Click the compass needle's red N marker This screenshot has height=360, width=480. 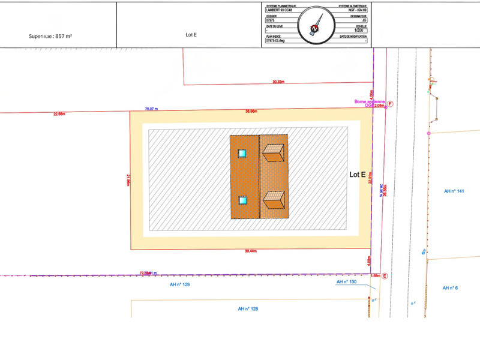click(x=314, y=28)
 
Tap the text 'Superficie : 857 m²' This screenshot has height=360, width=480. click(x=51, y=36)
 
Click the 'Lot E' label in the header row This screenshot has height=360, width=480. click(x=191, y=35)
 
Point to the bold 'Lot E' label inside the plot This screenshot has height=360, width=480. click(x=358, y=175)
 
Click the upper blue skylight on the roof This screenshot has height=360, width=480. click(x=242, y=154)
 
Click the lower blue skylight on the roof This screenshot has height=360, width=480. click(x=242, y=200)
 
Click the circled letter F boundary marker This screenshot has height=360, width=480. click(x=390, y=104)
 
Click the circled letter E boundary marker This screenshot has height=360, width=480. click(x=385, y=276)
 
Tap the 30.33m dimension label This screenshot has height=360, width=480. click(x=278, y=82)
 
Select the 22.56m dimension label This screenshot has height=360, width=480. click(x=59, y=113)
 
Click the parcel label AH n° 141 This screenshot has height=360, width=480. click(x=454, y=191)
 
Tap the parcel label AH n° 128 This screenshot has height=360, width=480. click(x=248, y=308)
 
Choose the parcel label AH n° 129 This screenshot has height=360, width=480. click(x=180, y=284)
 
